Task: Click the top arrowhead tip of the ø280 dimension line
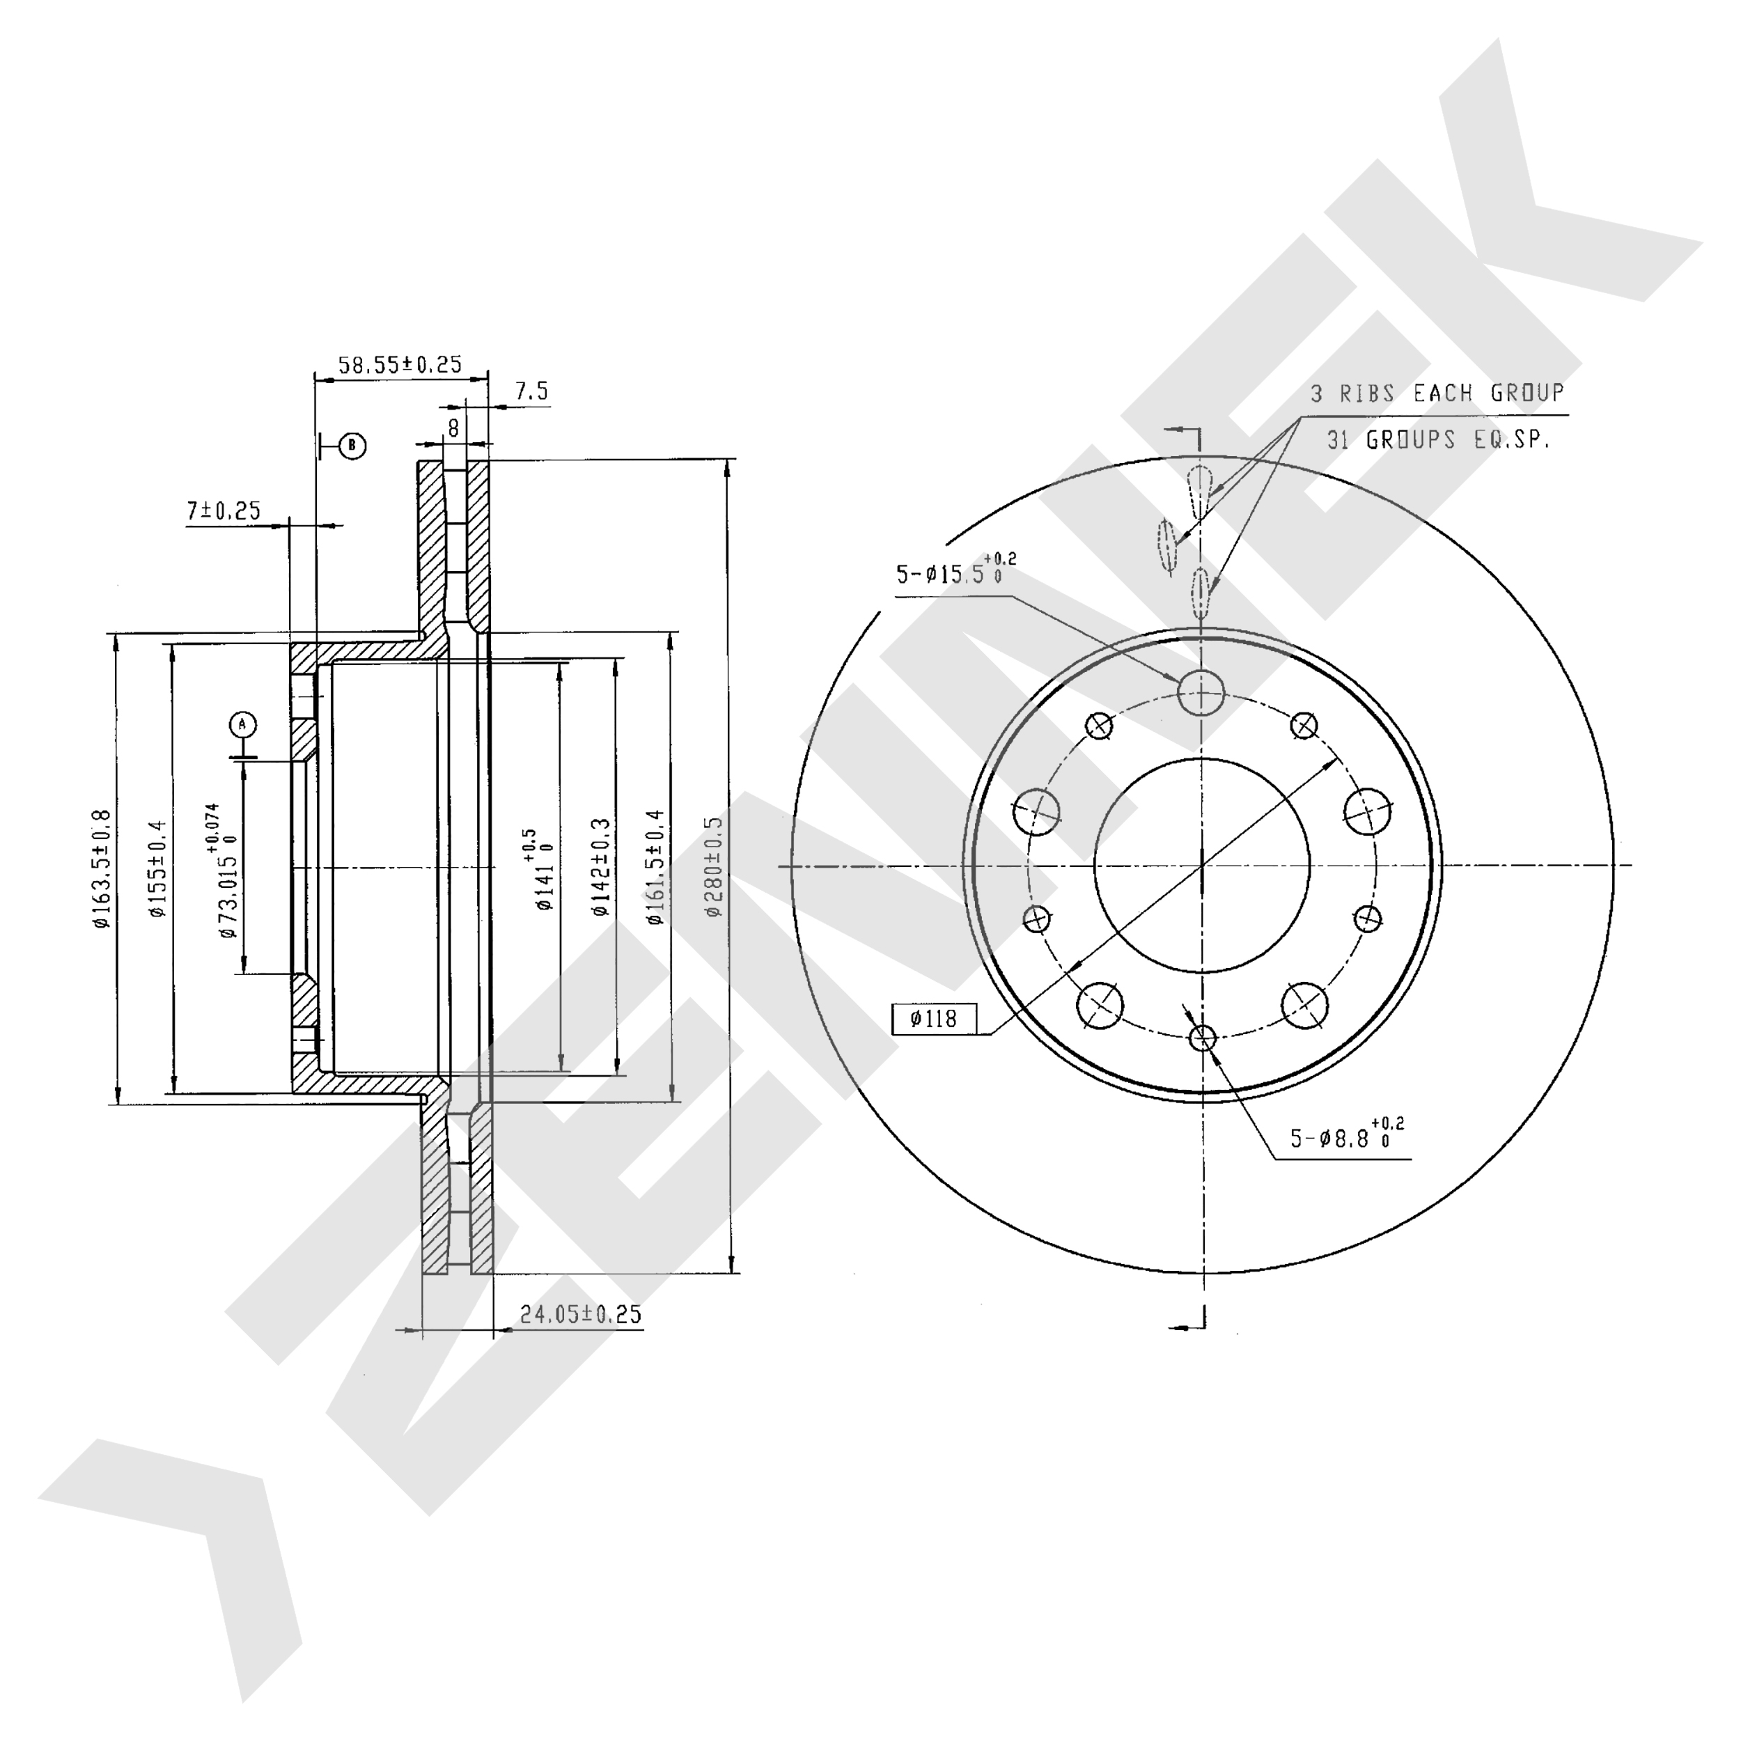point(729,460)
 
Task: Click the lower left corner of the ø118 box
point(892,1033)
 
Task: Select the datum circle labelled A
point(242,724)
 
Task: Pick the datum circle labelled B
point(352,445)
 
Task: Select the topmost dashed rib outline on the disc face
point(1199,491)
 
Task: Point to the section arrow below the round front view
point(1187,1325)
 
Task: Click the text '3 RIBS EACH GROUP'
point(1437,393)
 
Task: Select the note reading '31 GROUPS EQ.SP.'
point(1438,439)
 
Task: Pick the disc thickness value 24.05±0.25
point(580,1315)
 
